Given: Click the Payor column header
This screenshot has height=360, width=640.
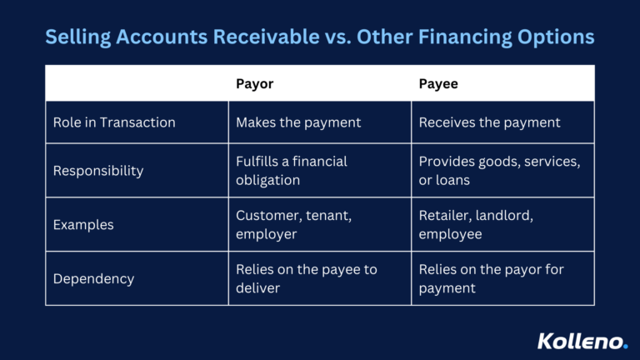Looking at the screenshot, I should tap(255, 84).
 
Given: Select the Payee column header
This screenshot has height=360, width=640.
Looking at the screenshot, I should tap(438, 84).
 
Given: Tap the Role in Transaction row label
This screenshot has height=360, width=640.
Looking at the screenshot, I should tap(114, 122).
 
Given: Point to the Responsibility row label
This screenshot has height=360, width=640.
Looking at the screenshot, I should tap(98, 171).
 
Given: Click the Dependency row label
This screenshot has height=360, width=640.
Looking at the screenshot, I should tap(93, 279).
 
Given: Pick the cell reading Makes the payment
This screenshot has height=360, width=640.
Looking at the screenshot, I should tap(298, 122).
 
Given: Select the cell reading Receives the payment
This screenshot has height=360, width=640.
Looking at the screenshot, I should tap(489, 122).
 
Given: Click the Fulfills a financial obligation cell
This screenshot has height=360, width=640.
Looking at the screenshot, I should tap(291, 170).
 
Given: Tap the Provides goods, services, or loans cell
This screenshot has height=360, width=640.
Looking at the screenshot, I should tap(498, 170).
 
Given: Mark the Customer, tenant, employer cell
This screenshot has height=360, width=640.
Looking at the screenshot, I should tap(293, 225).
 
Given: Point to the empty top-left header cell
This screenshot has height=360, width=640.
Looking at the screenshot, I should tap(137, 84).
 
